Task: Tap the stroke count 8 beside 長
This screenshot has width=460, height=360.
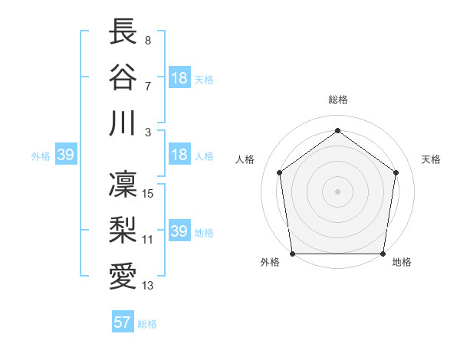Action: pos(147,41)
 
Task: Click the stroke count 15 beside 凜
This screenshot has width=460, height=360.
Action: pos(149,193)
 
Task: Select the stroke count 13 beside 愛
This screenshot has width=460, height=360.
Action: pos(149,286)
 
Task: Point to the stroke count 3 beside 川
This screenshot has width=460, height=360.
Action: pos(147,133)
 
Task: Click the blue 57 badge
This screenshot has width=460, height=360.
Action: pos(123,322)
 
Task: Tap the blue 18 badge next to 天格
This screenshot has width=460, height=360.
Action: pos(179,78)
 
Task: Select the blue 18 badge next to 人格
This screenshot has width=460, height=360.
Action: pos(179,155)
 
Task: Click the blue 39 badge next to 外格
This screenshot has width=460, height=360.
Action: pos(65,155)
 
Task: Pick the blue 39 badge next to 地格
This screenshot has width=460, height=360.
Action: pos(179,231)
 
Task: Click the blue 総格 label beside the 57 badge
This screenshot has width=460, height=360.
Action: pos(147,324)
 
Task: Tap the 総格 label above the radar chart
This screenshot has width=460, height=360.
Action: pos(337,100)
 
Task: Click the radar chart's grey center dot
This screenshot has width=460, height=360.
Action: pos(337,191)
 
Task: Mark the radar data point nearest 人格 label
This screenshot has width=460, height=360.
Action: pos(280,172)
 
